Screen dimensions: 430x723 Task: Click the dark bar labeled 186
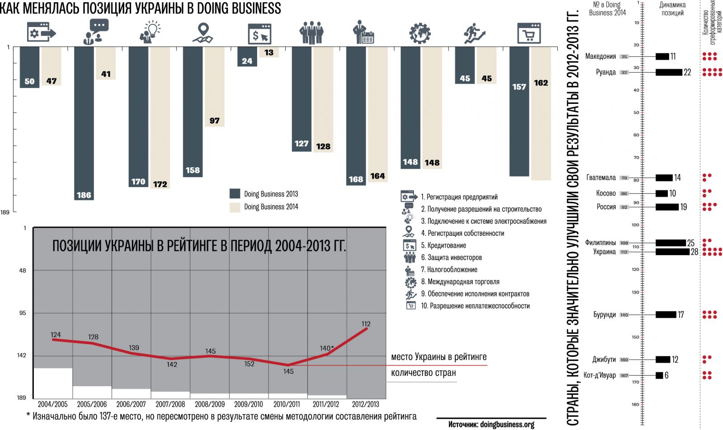click(x=84, y=122)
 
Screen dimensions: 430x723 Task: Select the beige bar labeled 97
click(x=214, y=86)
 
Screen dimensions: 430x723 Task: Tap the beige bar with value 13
click(x=269, y=52)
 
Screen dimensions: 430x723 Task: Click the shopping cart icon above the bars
click(x=529, y=33)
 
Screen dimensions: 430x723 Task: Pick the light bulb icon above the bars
click(x=150, y=32)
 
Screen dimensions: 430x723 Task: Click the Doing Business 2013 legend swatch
click(x=235, y=194)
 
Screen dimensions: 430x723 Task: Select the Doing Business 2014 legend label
click(x=271, y=207)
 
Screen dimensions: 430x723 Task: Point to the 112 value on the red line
click(x=366, y=324)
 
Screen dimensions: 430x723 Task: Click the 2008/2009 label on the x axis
click(x=210, y=404)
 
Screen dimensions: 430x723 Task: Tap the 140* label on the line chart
click(x=327, y=348)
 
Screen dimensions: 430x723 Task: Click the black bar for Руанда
click(x=669, y=72)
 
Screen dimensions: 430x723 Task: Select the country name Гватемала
click(x=601, y=178)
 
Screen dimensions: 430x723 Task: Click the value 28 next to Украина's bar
click(x=695, y=252)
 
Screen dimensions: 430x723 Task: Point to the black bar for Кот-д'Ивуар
click(x=659, y=375)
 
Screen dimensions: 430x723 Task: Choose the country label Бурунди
click(x=605, y=315)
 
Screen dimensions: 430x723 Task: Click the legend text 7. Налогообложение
click(x=449, y=270)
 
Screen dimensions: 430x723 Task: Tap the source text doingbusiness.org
click(x=491, y=424)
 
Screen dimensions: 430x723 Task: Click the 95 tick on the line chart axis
click(x=23, y=313)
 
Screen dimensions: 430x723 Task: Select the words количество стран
click(x=423, y=373)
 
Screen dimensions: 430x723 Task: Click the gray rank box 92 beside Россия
click(x=624, y=207)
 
